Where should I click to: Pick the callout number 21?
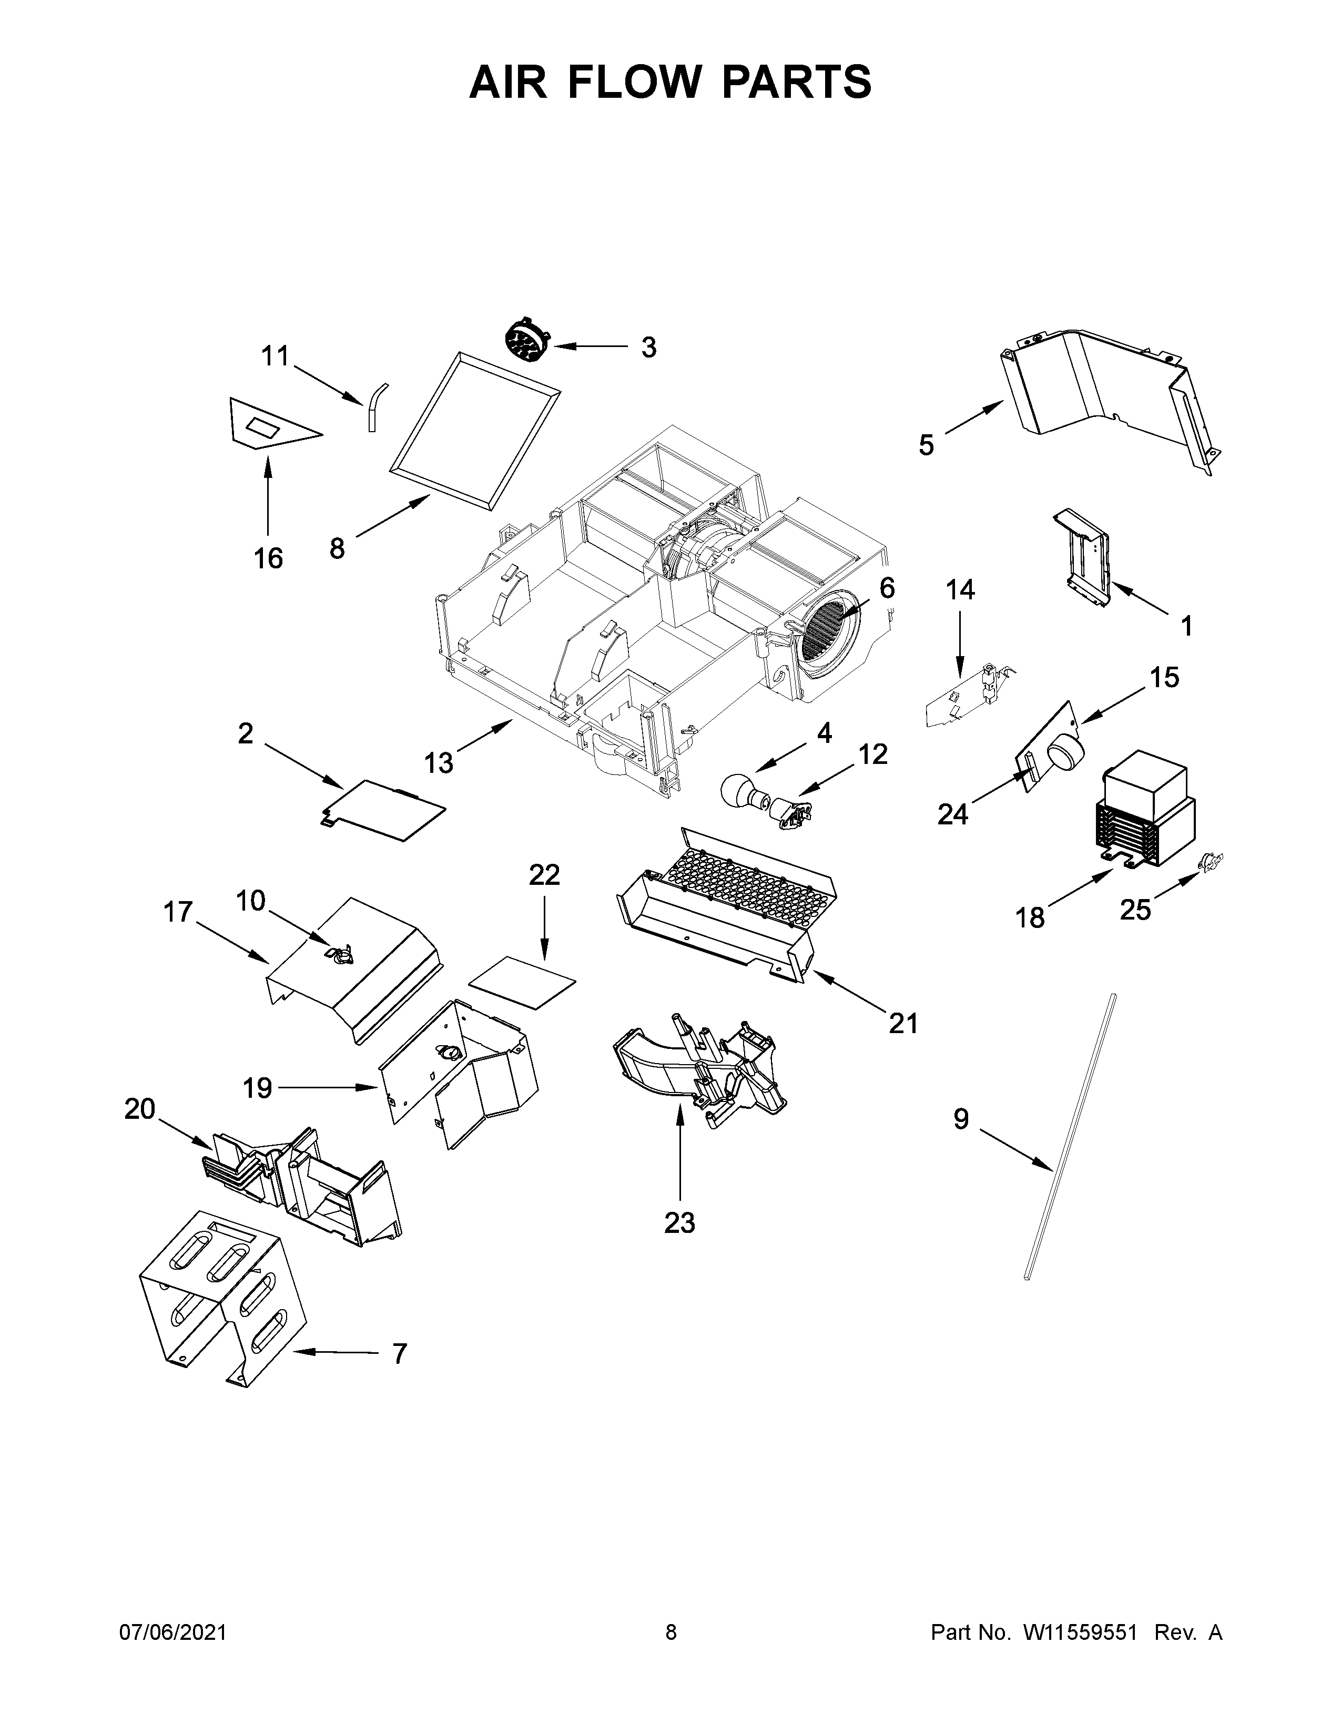click(903, 1023)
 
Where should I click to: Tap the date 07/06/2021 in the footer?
click(172, 1632)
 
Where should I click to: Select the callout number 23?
click(679, 1222)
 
